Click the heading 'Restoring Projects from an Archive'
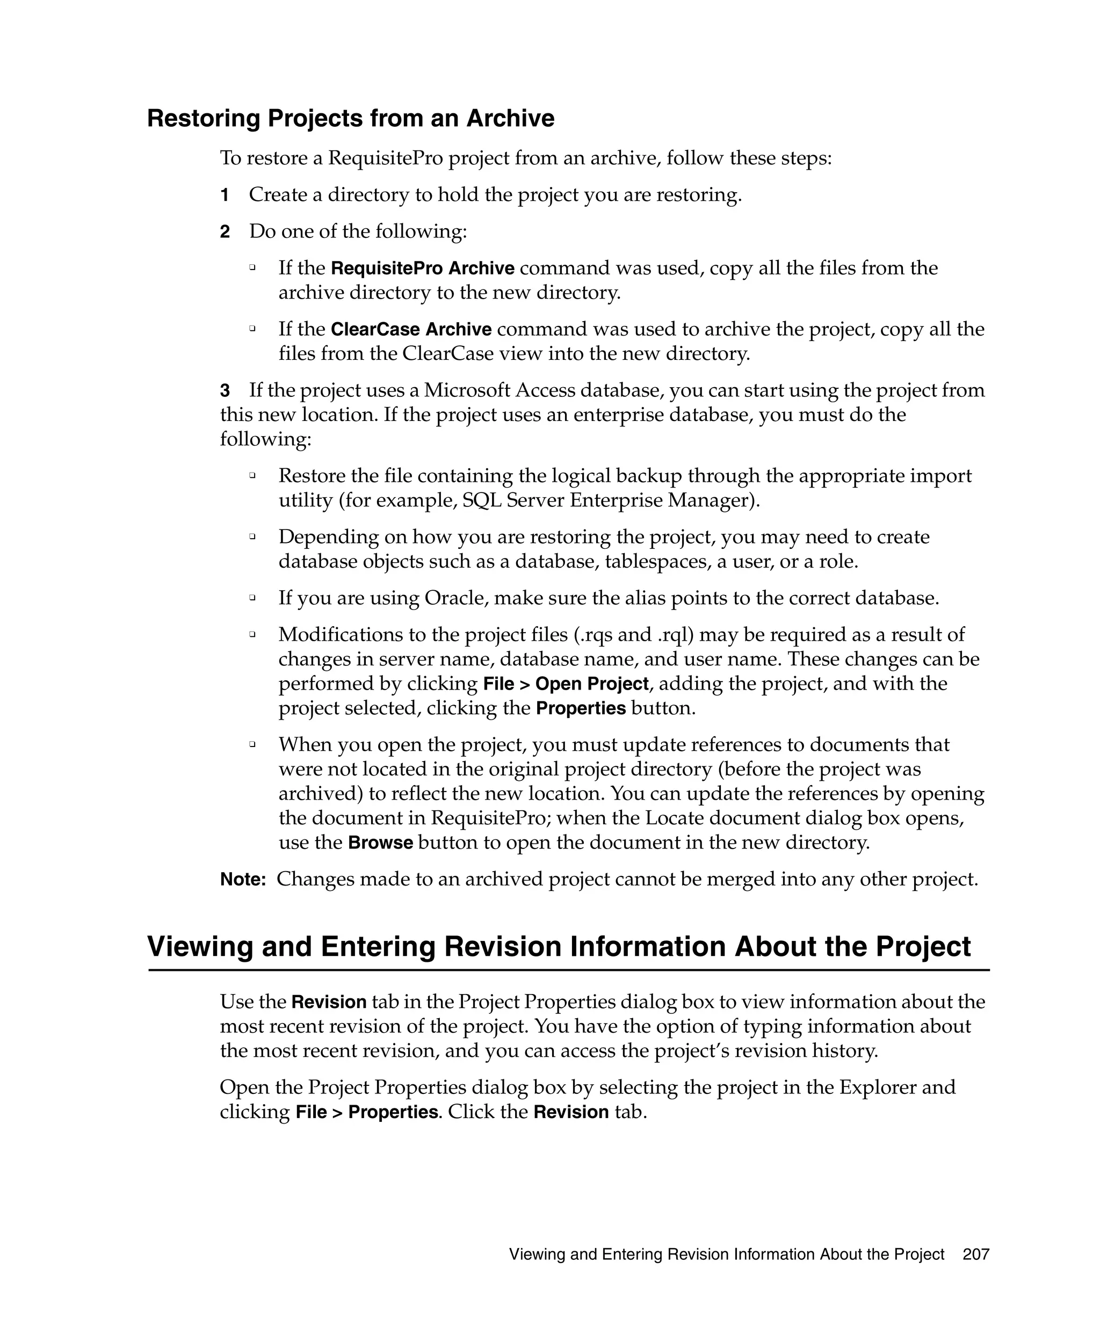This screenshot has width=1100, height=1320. pos(350,118)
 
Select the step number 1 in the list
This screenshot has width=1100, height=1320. pos(225,195)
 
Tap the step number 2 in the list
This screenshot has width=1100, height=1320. pos(225,232)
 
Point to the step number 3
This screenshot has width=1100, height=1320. pos(225,391)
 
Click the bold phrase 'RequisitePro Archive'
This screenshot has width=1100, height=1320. pos(422,269)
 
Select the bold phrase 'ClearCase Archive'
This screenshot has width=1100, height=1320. pos(410,329)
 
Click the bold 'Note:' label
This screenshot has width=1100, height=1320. pos(243,879)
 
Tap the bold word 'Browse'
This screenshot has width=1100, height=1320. pos(380,843)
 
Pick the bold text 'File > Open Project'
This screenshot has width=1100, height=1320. pos(565,684)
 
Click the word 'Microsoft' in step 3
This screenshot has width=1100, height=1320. pos(466,390)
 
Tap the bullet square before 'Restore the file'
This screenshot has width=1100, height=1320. pos(252,476)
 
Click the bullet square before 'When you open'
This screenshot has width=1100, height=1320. pos(252,744)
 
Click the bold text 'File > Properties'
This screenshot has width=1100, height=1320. pos(366,1112)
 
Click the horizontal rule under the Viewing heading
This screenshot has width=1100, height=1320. pos(568,970)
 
